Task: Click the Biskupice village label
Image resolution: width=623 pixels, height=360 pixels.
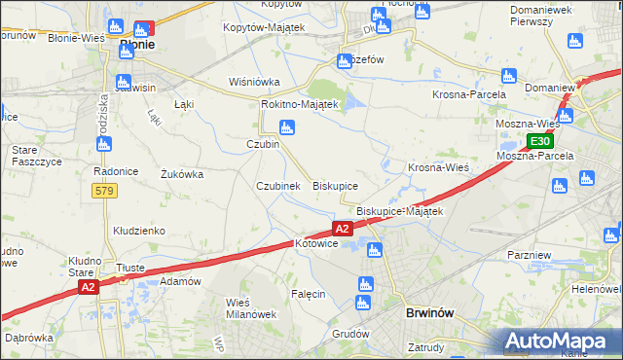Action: (x=335, y=185)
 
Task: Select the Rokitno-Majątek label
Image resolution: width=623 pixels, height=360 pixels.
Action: (x=299, y=104)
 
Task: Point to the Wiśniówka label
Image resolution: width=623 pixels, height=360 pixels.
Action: (x=254, y=82)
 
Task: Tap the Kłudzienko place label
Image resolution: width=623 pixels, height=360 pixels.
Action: (x=138, y=231)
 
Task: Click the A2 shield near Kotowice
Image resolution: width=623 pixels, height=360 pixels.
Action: (x=342, y=229)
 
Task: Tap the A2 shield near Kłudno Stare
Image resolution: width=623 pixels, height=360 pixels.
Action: (x=89, y=287)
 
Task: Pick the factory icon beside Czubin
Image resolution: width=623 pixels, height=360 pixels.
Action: (x=286, y=126)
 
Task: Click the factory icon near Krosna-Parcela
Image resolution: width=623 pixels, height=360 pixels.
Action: (x=506, y=76)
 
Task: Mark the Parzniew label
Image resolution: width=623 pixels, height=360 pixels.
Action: (x=531, y=253)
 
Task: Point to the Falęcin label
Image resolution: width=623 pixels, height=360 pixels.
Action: (x=307, y=293)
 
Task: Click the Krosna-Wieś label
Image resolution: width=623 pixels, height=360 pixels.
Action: (x=438, y=166)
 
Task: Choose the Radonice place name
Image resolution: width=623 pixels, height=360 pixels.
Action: (x=113, y=170)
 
